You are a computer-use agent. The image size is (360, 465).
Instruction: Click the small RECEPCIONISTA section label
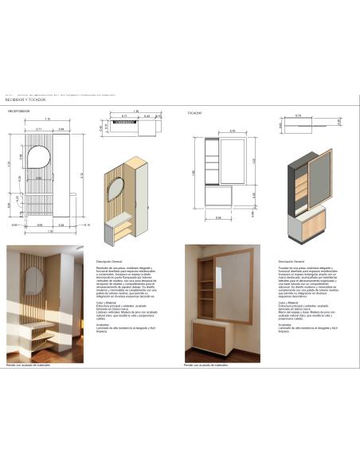point(19,112)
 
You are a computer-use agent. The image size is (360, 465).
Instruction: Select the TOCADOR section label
point(194,112)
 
